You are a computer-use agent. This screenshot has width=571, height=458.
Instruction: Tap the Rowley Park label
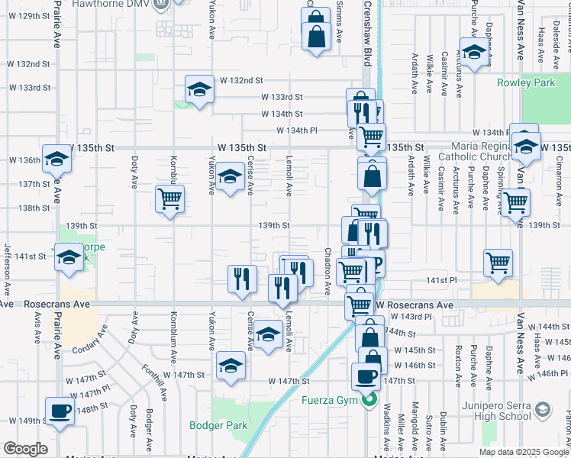click(x=526, y=82)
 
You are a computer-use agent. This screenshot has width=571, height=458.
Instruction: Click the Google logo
click(x=25, y=449)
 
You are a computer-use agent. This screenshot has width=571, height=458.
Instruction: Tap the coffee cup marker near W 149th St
click(x=60, y=411)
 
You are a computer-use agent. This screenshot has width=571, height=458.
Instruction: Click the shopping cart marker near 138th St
click(x=169, y=199)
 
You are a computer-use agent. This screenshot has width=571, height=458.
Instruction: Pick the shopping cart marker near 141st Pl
click(x=498, y=263)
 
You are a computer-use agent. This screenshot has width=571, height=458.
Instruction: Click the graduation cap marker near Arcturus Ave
click(x=474, y=52)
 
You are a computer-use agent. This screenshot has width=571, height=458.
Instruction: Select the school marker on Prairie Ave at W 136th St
click(x=56, y=158)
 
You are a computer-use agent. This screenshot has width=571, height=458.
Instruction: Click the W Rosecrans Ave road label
click(x=415, y=305)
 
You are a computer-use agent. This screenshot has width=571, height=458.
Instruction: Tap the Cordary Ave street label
click(x=89, y=341)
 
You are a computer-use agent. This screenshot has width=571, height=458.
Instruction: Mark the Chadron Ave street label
click(x=328, y=271)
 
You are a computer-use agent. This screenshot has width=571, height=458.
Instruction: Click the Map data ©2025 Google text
click(x=523, y=452)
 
